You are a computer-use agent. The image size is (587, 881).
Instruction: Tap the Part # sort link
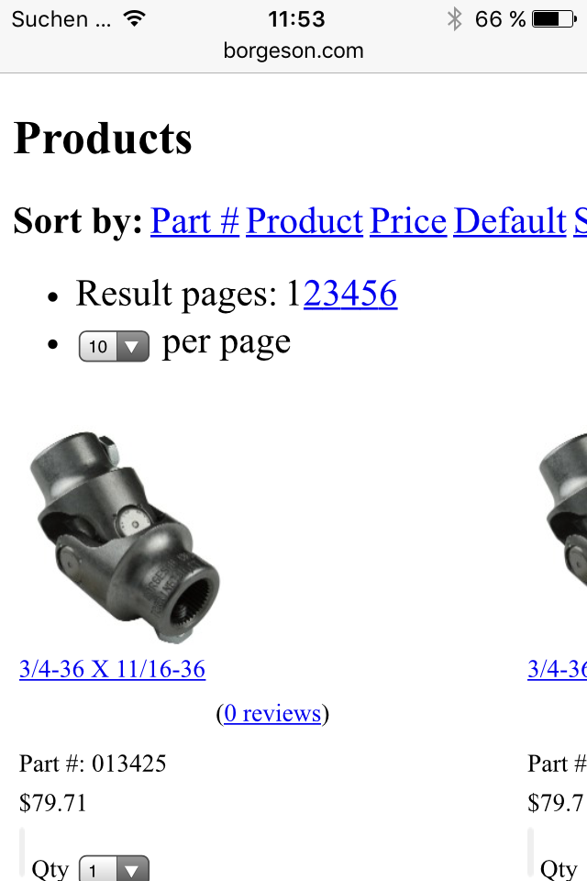click(x=195, y=220)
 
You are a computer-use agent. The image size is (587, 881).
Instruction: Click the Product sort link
click(x=305, y=220)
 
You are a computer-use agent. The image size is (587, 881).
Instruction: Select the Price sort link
click(x=408, y=220)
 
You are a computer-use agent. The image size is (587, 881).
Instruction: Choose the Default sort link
click(x=510, y=220)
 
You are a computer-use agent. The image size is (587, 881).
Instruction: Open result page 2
click(x=313, y=294)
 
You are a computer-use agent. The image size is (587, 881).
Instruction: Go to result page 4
click(x=350, y=294)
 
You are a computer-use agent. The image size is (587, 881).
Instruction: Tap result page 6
click(x=388, y=294)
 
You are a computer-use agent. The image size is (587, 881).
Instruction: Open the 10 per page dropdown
click(x=114, y=346)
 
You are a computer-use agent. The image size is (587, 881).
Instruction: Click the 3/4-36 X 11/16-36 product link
click(x=112, y=669)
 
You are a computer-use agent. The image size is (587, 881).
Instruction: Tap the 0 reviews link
click(x=272, y=713)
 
